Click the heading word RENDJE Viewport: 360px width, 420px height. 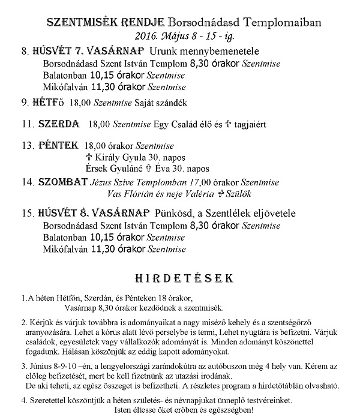tap(140, 22)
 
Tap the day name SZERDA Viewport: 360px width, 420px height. tap(58, 124)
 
